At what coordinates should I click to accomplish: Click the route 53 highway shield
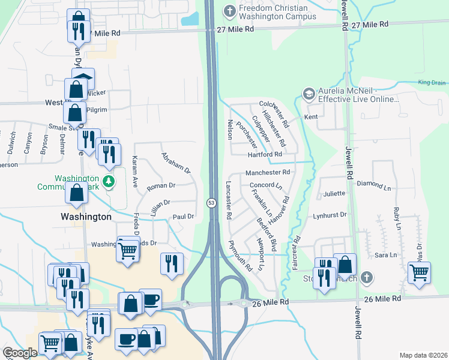coord(212,203)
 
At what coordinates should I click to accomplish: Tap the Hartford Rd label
coord(265,154)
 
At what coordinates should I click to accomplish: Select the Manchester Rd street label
coord(268,172)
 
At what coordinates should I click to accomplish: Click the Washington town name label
coord(86,216)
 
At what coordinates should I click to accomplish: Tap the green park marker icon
coord(108,181)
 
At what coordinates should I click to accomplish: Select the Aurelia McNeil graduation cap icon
coord(309,93)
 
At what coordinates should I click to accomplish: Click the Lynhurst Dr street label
coord(330,214)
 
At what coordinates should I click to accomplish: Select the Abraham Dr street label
coord(175,163)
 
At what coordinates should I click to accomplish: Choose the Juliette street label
coord(334,193)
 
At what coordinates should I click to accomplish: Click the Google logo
coord(20,353)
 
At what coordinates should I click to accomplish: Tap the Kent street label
coord(311,117)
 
